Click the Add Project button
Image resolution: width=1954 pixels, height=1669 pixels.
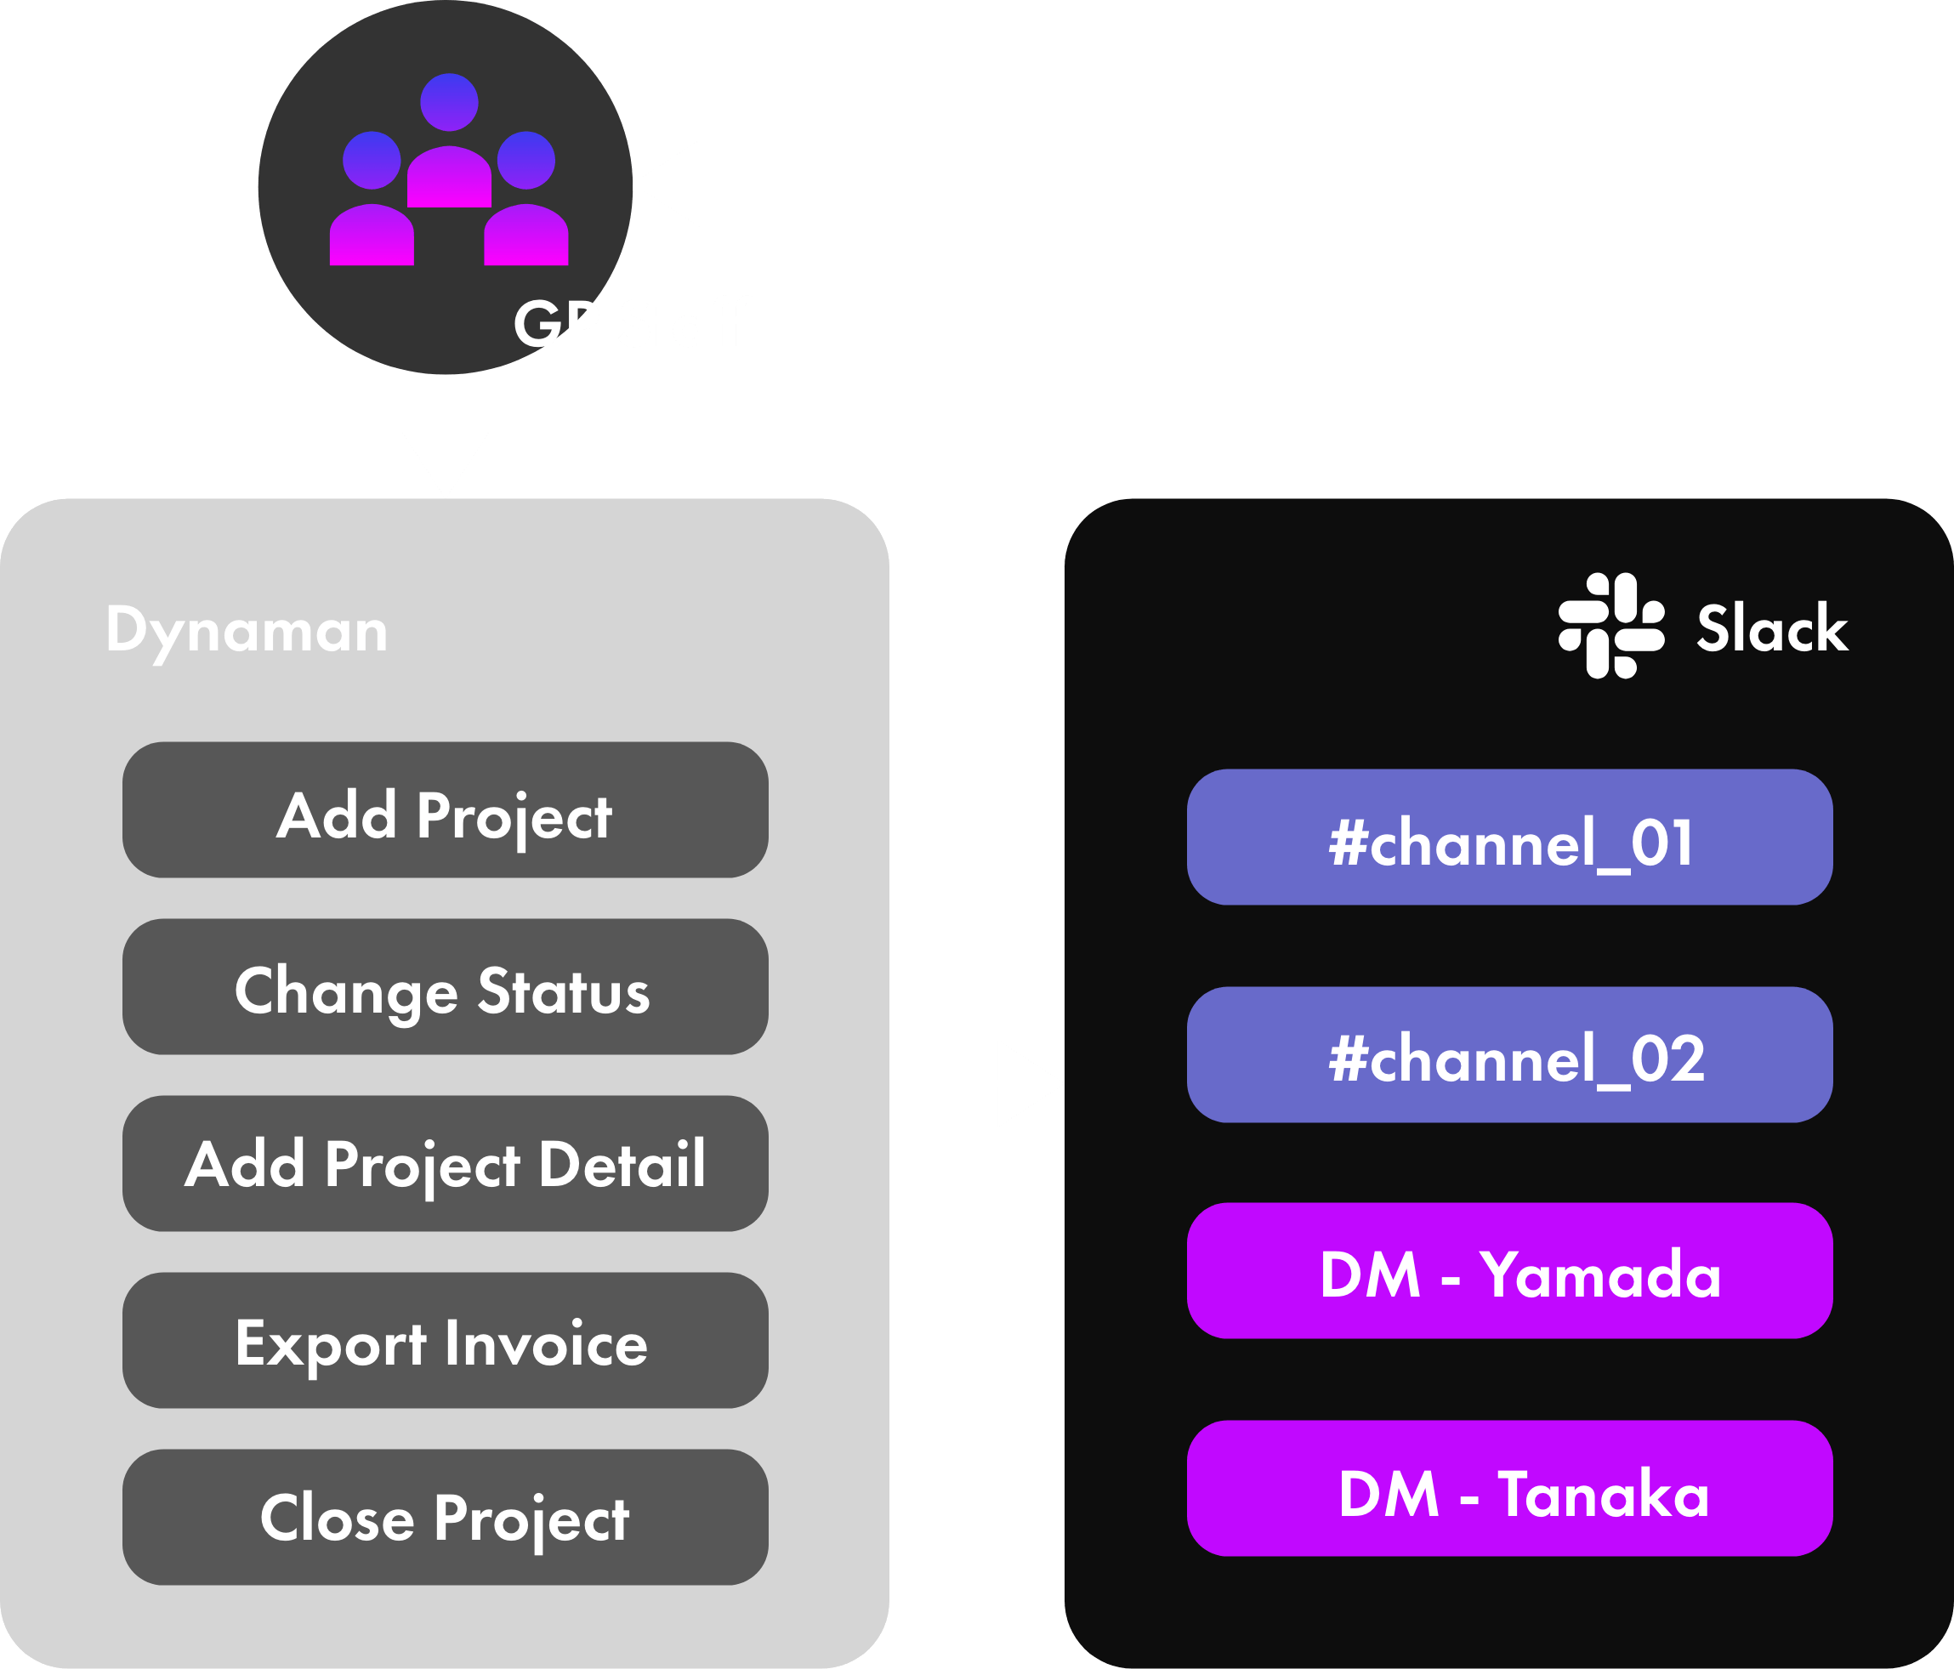pos(445,811)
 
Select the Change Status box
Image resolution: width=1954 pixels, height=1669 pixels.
pos(445,987)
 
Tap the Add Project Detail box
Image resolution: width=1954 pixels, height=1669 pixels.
pos(445,1164)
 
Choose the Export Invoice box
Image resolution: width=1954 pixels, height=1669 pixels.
pos(445,1341)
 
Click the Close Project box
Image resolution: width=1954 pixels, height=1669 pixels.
pos(445,1517)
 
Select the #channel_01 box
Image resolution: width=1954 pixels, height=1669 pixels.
pos(1510,837)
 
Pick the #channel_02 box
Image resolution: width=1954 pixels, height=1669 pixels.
pos(1510,1054)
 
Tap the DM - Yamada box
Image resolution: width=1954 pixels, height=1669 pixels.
pos(1510,1271)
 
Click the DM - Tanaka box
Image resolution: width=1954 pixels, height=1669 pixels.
pos(1510,1489)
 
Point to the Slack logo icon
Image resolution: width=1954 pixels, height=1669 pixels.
pos(1610,626)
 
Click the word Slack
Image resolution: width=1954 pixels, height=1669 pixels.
pos(1772,629)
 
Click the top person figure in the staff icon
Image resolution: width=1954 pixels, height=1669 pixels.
pos(449,141)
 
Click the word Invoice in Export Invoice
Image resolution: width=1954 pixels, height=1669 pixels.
pos(546,1343)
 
